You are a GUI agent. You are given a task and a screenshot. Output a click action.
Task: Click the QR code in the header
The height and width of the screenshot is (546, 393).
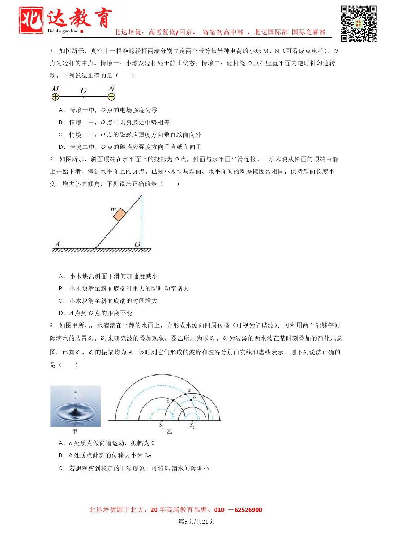tap(358, 23)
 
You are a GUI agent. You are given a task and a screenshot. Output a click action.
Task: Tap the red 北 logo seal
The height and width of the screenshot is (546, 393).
tap(31, 21)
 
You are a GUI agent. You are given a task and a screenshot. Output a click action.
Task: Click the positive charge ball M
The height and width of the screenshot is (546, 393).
tap(55, 97)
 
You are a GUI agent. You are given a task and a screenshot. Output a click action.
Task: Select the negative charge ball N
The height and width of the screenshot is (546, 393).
tap(111, 97)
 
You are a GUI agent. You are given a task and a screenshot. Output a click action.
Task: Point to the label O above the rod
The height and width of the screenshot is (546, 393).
tap(84, 90)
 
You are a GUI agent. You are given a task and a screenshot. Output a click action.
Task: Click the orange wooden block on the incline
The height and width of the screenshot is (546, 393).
tap(120, 214)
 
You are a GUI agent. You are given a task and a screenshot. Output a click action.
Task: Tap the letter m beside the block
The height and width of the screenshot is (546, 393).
tap(113, 209)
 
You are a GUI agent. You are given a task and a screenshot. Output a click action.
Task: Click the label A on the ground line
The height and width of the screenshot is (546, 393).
tap(57, 244)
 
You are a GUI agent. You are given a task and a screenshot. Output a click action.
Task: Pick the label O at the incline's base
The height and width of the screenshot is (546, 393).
tap(137, 244)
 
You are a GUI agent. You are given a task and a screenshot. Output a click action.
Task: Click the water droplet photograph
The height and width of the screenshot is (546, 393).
tap(75, 406)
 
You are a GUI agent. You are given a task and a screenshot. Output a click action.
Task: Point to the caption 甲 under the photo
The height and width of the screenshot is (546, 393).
tap(75, 432)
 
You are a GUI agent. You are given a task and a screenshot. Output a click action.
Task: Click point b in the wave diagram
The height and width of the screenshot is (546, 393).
tap(191, 400)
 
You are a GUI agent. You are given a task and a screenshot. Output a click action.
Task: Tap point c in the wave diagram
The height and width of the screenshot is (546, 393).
tap(172, 401)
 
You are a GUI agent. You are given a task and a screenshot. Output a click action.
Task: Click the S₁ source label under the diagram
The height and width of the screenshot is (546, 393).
tap(161, 425)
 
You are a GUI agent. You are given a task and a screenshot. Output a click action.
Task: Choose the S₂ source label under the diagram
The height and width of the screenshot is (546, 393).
tap(192, 425)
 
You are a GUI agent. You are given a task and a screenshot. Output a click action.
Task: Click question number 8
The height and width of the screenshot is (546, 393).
tap(52, 159)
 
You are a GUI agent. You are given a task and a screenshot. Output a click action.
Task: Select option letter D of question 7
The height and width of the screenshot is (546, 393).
tap(61, 147)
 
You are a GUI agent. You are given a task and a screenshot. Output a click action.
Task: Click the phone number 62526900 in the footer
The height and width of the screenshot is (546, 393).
tap(248, 510)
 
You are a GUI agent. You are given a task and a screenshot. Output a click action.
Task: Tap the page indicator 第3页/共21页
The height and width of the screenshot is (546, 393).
tap(196, 521)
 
